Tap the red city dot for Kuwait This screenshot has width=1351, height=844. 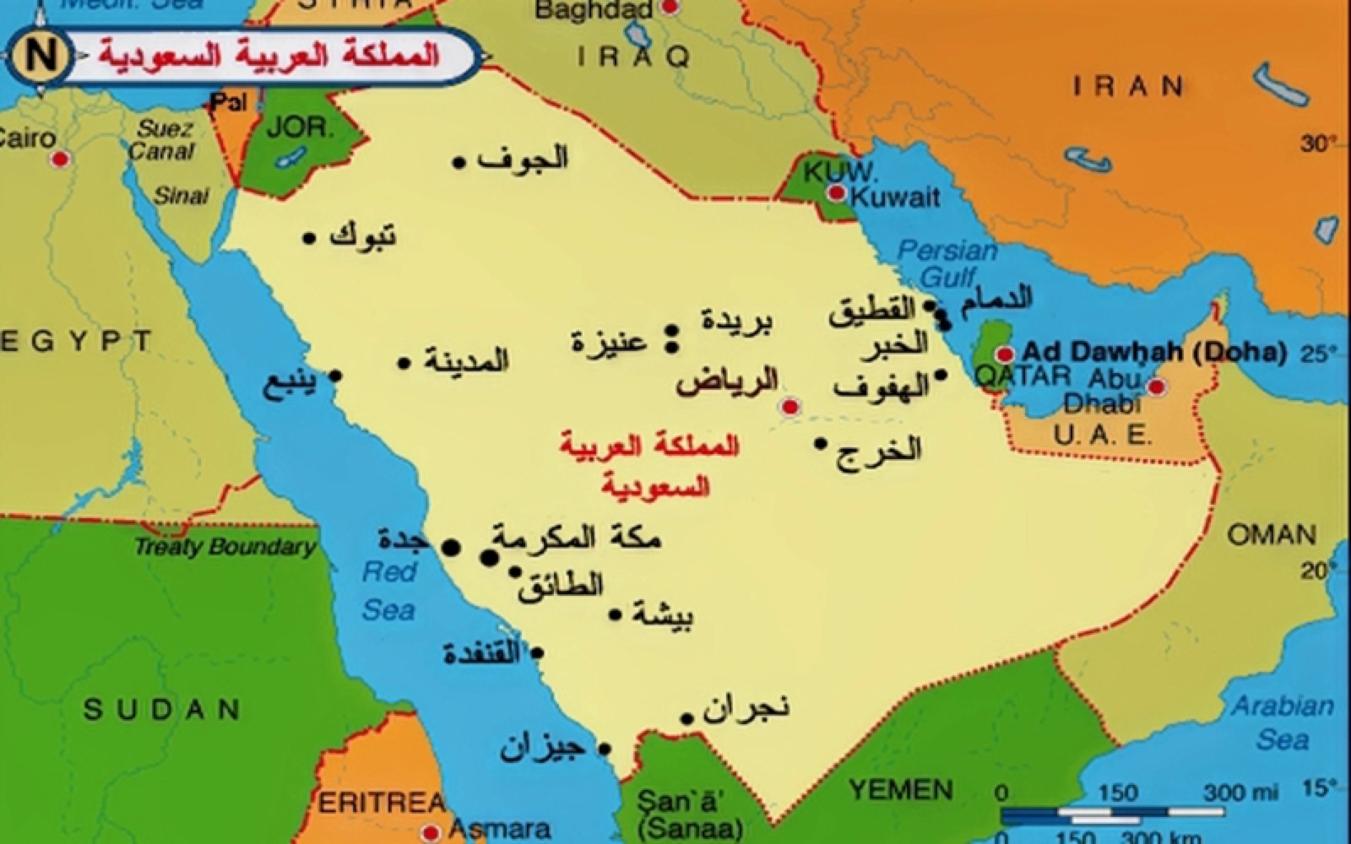click(x=836, y=193)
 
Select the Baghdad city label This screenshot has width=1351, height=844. click(x=594, y=10)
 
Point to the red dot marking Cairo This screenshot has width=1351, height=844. click(x=60, y=159)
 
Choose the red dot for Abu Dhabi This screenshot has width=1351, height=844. click(x=1157, y=387)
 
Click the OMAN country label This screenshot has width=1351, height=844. click(x=1271, y=534)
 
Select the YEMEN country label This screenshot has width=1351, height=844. click(x=901, y=790)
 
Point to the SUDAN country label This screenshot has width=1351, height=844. click(x=161, y=709)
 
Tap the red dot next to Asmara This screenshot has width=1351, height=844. click(x=431, y=831)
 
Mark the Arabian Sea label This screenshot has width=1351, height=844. click(x=1283, y=722)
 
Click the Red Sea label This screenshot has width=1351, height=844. click(x=389, y=591)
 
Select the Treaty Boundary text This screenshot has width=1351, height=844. click(x=225, y=546)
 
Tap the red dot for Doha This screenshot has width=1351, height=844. click(x=1004, y=354)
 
